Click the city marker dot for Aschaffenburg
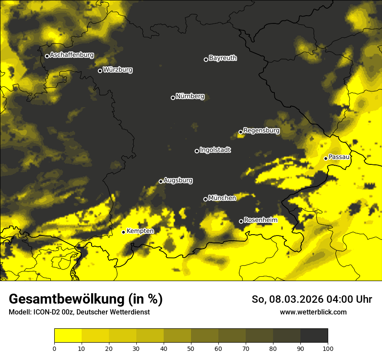(x=47, y=56)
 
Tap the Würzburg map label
(x=118, y=70)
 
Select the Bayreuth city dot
(x=206, y=59)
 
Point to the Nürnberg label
(x=190, y=96)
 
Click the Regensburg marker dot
(x=240, y=132)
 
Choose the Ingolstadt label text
(x=215, y=150)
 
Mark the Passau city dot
(x=326, y=158)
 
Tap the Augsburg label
(x=178, y=180)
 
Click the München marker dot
(x=205, y=199)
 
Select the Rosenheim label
(x=260, y=220)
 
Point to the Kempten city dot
(x=123, y=232)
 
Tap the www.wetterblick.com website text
(x=313, y=312)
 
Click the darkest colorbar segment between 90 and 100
(x=314, y=336)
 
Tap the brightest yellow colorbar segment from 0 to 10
(x=68, y=336)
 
